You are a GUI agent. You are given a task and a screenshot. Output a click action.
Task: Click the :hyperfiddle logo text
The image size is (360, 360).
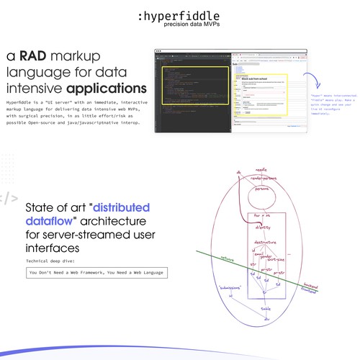click(179, 16)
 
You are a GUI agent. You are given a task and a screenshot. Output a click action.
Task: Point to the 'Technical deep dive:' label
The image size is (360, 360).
click(54, 259)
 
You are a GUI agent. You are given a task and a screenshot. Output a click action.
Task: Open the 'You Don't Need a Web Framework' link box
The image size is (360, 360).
click(95, 273)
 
